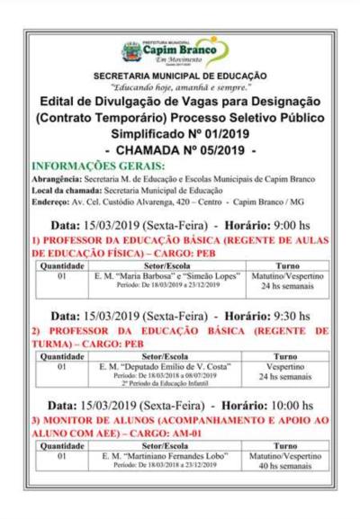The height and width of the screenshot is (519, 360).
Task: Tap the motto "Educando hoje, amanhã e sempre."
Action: click(x=180, y=89)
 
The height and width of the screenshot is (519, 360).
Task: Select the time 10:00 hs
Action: click(x=291, y=406)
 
